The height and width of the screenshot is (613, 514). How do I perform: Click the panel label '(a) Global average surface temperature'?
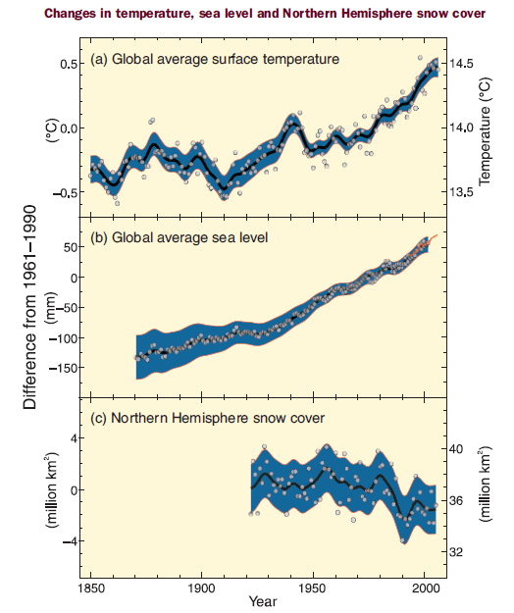pos(215,59)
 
